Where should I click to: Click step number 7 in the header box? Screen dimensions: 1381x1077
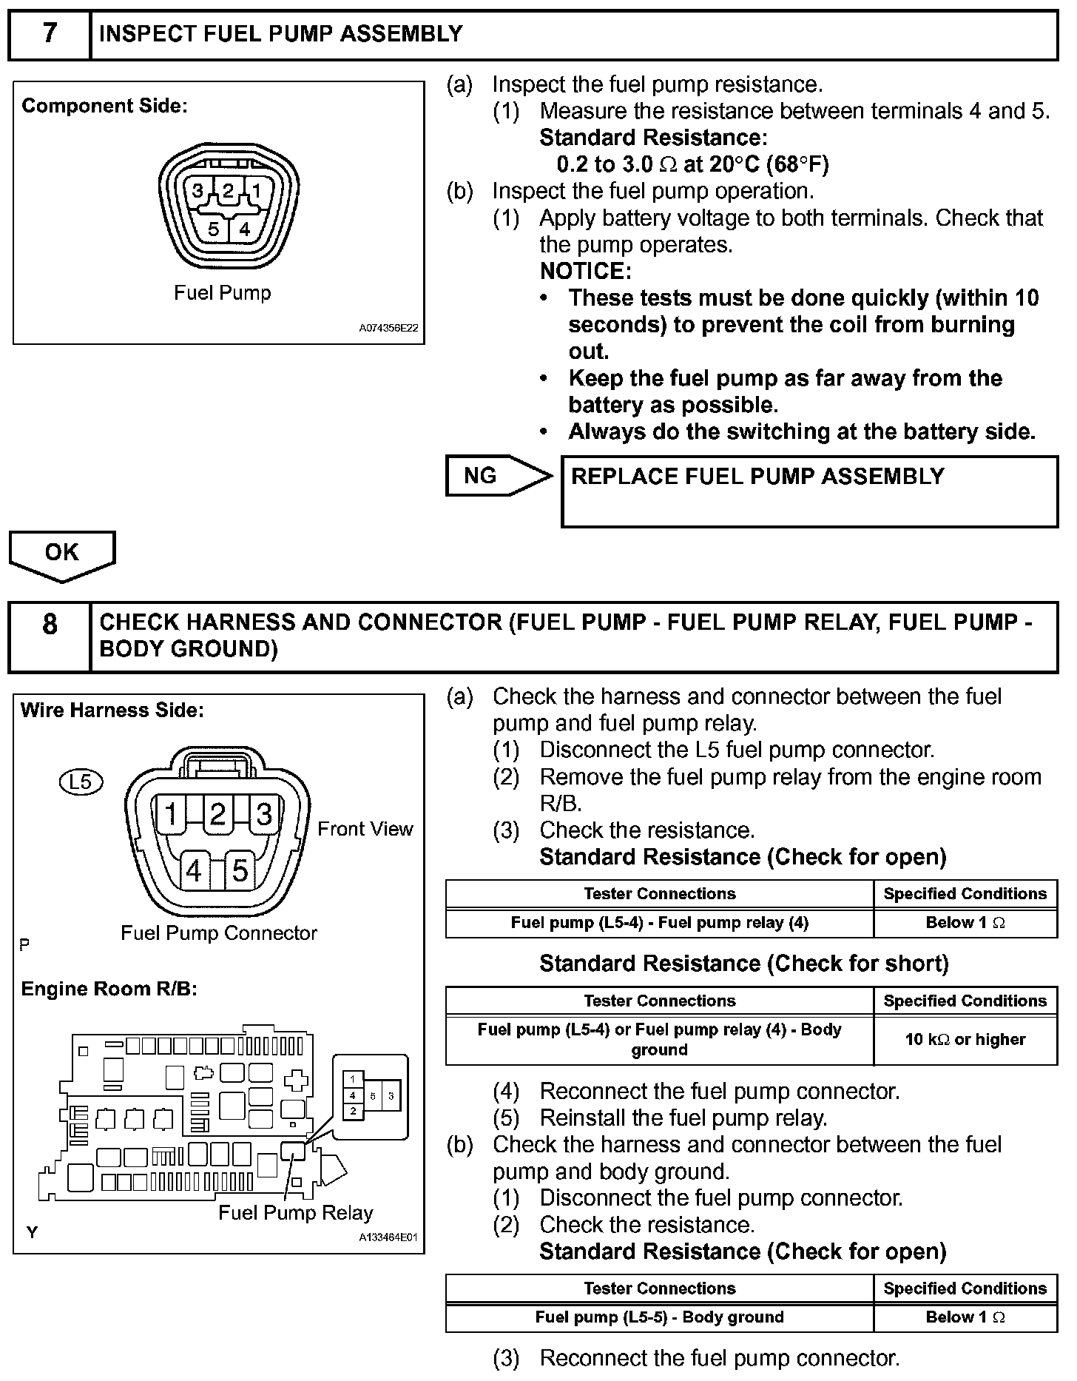(49, 34)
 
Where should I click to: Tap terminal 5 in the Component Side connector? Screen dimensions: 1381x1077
(213, 229)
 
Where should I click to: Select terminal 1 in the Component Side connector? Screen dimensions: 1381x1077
(256, 192)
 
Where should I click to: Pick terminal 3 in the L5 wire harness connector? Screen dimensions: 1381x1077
(263, 814)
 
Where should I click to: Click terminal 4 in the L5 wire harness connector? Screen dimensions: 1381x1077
(195, 871)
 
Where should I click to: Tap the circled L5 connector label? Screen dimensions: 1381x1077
(80, 782)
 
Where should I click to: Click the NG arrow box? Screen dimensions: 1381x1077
(498, 476)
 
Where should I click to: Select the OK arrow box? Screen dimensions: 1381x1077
(62, 554)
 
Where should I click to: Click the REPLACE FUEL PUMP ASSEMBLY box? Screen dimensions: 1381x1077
(809, 491)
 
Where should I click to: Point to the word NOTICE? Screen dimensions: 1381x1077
(585, 272)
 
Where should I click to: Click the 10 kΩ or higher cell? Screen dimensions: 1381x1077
(965, 1039)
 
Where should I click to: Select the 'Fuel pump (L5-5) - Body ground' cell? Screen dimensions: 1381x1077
(659, 1317)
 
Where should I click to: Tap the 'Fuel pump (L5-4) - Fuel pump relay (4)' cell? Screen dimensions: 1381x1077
(659, 923)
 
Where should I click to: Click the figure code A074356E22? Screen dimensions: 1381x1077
(389, 328)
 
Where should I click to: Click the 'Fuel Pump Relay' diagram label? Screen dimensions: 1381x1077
(296, 1213)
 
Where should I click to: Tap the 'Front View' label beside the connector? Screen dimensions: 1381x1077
(365, 830)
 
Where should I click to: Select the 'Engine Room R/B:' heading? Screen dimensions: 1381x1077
(109, 989)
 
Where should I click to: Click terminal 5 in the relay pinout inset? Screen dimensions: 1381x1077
(373, 1095)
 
